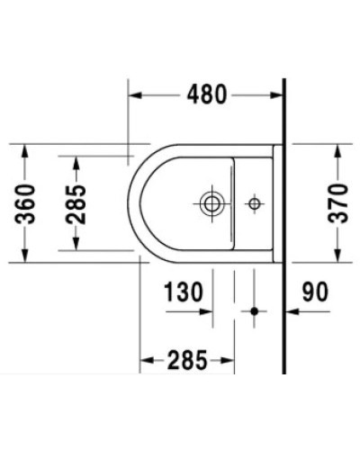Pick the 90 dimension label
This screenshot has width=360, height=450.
315,292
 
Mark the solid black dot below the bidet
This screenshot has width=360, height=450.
255,312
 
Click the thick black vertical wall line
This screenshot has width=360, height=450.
284,225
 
